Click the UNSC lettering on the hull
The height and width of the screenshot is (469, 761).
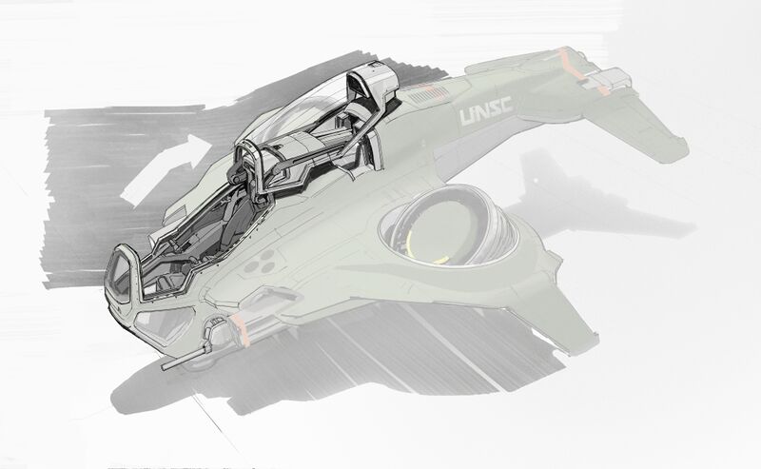click(485, 111)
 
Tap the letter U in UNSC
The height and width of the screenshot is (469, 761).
click(467, 116)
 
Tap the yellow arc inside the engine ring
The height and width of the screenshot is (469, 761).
click(422, 247)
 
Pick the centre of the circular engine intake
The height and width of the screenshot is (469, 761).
click(449, 225)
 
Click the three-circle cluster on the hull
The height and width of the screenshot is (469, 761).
click(261, 263)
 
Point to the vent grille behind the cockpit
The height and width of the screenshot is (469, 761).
click(428, 93)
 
